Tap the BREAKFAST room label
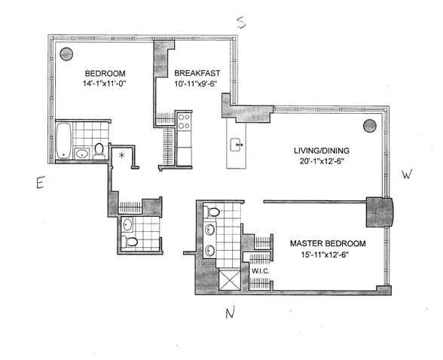coord(197,73)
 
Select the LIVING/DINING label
coord(319,151)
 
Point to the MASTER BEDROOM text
coord(328,244)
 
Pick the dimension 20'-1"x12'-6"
coord(319,163)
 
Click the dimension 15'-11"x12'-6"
coord(328,255)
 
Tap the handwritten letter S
coord(242,23)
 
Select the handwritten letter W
coord(407,176)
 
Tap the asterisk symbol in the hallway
coord(121,156)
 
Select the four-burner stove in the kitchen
coord(185,121)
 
